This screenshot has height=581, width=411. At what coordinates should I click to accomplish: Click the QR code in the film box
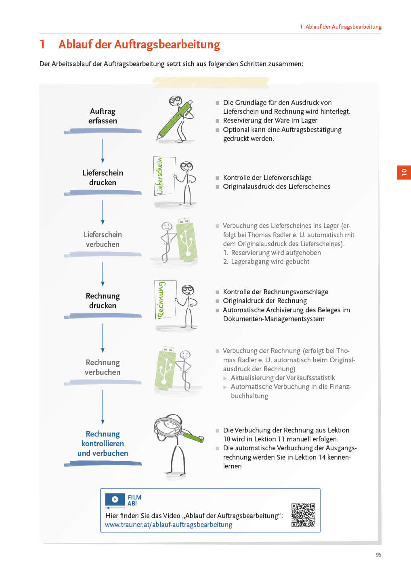[x=303, y=515]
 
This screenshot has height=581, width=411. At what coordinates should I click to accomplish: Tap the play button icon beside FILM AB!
[x=115, y=499]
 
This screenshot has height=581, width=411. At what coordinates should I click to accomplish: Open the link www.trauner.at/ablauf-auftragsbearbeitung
[x=168, y=525]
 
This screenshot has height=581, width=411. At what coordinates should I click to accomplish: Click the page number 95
[x=378, y=555]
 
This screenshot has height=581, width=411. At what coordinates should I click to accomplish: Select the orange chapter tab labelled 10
[x=404, y=172]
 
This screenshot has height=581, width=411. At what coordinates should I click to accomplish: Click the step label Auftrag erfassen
[x=103, y=116]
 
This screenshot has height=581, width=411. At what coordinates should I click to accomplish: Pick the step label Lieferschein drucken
[x=103, y=178]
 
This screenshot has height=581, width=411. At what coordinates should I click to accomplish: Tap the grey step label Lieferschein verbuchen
[x=103, y=239]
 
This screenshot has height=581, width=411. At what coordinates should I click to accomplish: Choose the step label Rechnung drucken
[x=103, y=301]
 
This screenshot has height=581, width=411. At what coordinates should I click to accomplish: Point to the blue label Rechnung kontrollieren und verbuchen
[x=103, y=443]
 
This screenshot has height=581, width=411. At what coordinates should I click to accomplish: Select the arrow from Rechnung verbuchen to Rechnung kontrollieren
[x=103, y=407]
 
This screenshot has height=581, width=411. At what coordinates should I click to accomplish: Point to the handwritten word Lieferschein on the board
[x=160, y=176]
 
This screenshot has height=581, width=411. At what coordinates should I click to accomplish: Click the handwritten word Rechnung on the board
[x=161, y=299]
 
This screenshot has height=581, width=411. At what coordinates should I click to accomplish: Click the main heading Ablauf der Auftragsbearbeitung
[x=139, y=44]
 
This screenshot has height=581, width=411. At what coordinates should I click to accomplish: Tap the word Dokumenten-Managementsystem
[x=274, y=319]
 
